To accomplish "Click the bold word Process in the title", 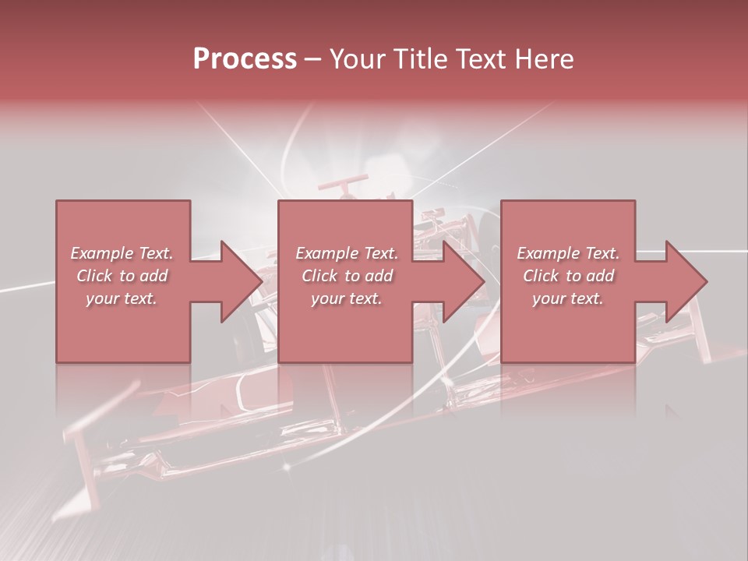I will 245,59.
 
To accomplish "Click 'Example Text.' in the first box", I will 122,253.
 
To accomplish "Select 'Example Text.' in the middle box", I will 347,253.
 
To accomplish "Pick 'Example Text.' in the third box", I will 568,253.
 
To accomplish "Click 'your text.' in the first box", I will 122,298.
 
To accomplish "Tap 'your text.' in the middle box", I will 347,298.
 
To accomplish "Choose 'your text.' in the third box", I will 568,298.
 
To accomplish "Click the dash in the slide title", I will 313,59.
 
